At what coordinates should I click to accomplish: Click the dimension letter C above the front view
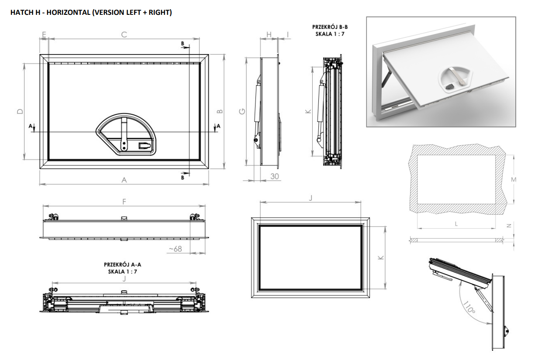click(x=124, y=34)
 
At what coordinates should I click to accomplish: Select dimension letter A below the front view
click(x=124, y=180)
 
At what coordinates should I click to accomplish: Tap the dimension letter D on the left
click(x=20, y=112)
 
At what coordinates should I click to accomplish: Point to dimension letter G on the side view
click(x=241, y=112)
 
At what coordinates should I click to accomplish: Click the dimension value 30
click(x=275, y=176)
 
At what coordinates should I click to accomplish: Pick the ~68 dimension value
click(x=175, y=249)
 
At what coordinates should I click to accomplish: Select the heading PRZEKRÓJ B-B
click(x=330, y=27)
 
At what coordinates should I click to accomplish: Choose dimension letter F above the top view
click(x=124, y=202)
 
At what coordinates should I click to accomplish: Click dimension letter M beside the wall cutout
click(x=514, y=180)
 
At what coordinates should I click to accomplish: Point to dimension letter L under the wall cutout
click(x=456, y=224)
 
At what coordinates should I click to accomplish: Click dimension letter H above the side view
click(x=269, y=34)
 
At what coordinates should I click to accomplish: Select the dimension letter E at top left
click(x=44, y=34)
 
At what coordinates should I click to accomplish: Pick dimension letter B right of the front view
click(x=220, y=112)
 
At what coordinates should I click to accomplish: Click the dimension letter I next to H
click(x=288, y=34)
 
